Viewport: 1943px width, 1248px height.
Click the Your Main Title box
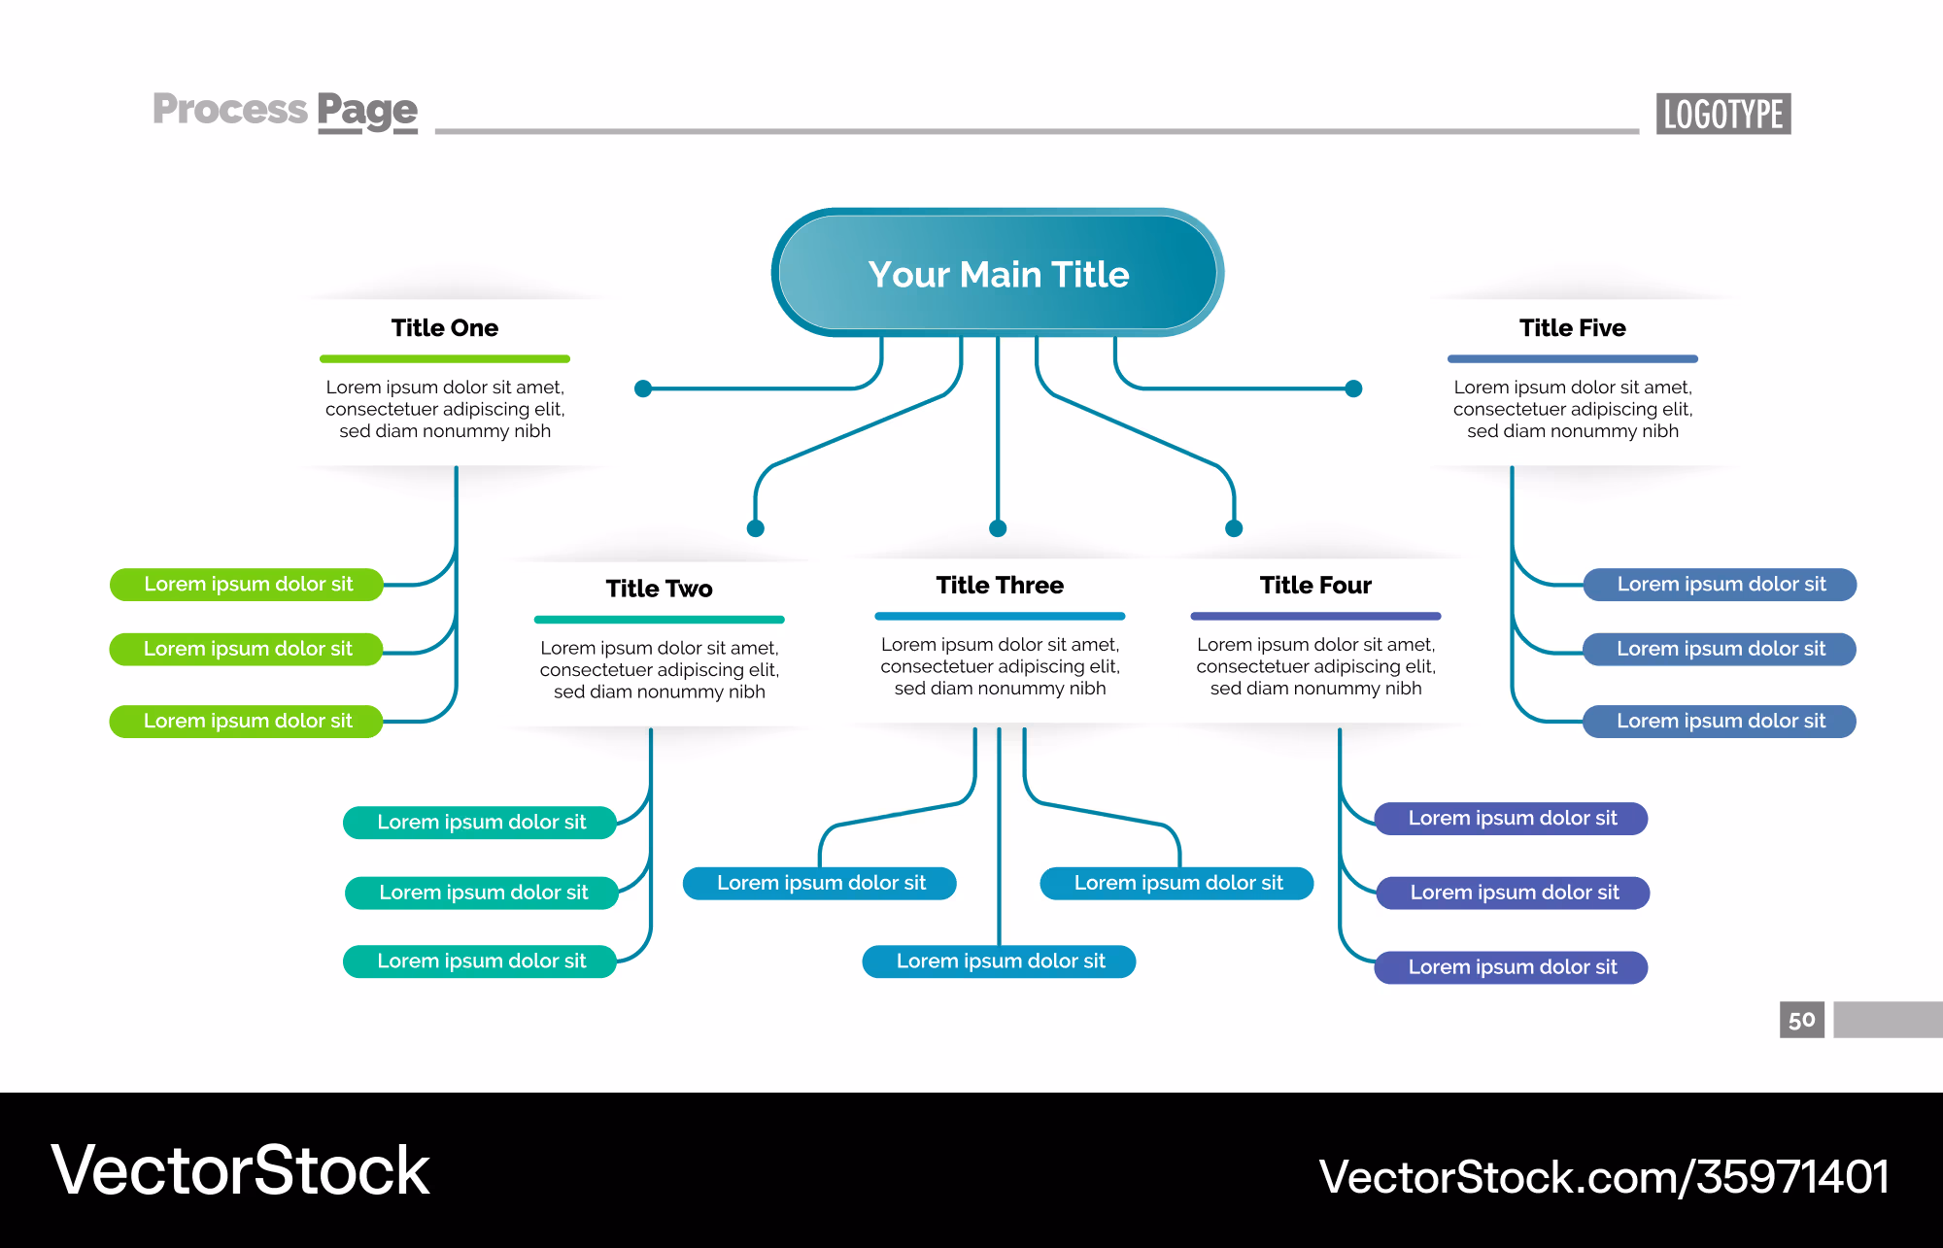[998, 273]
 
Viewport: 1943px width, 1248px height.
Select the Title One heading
[445, 328]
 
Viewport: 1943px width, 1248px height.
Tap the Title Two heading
[660, 589]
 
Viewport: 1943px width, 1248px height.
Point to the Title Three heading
[1000, 585]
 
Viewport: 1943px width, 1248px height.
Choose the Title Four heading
[1315, 585]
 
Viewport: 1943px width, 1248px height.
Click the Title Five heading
[1573, 328]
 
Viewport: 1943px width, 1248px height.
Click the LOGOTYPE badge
[1723, 114]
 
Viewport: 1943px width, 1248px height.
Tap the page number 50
[1802, 1020]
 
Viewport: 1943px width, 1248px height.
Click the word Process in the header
[230, 109]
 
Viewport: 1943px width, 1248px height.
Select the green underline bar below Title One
[445, 359]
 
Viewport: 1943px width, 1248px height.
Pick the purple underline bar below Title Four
[1315, 616]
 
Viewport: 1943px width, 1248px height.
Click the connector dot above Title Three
[998, 528]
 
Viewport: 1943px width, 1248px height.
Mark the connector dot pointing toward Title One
[643, 388]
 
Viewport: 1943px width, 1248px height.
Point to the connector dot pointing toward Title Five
[1353, 388]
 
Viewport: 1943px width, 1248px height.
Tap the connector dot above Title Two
[756, 528]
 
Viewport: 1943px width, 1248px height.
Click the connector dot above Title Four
[1234, 528]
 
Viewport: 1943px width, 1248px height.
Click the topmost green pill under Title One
[247, 585]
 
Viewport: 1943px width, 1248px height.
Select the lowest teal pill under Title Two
[480, 961]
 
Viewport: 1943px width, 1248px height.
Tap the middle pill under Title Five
[1720, 649]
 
